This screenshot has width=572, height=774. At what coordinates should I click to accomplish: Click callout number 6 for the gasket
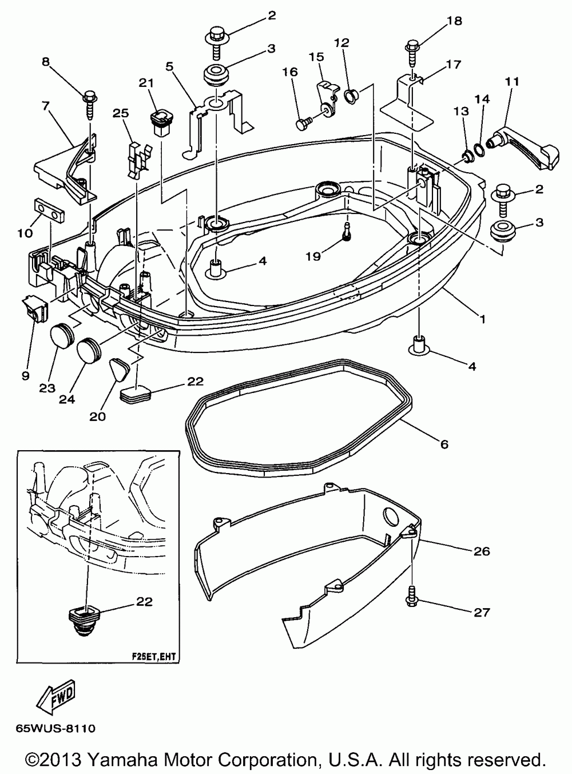pos(444,443)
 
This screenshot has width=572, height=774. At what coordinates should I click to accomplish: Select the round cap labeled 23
pos(62,333)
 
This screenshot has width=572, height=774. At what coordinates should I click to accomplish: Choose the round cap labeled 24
pos(89,347)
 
